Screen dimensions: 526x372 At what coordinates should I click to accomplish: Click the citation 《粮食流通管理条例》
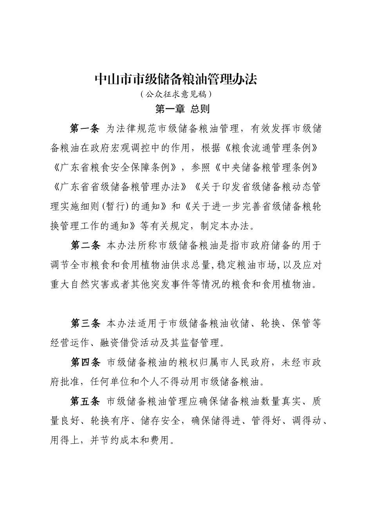point(266,148)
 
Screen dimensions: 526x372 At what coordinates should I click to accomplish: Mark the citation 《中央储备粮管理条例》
point(266,168)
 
